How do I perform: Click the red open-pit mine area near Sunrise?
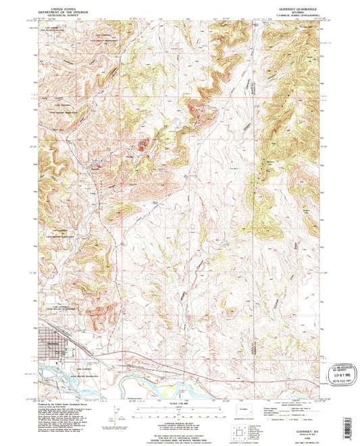click(x=143, y=144)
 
